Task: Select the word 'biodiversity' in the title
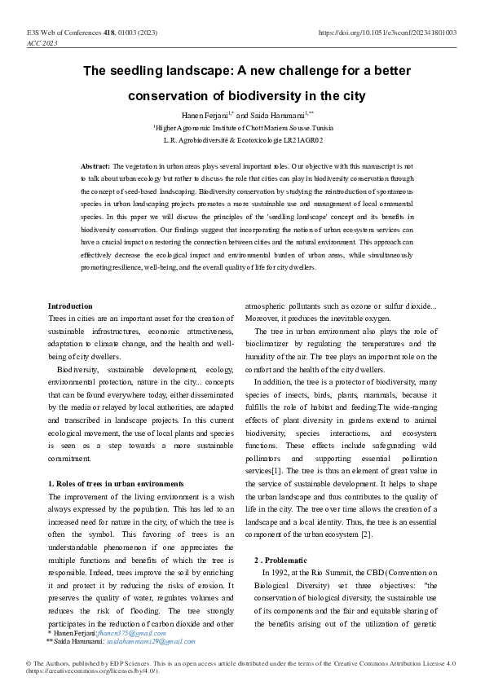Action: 265,96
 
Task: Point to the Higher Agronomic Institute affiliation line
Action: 242,128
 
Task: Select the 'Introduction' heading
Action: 70,306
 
